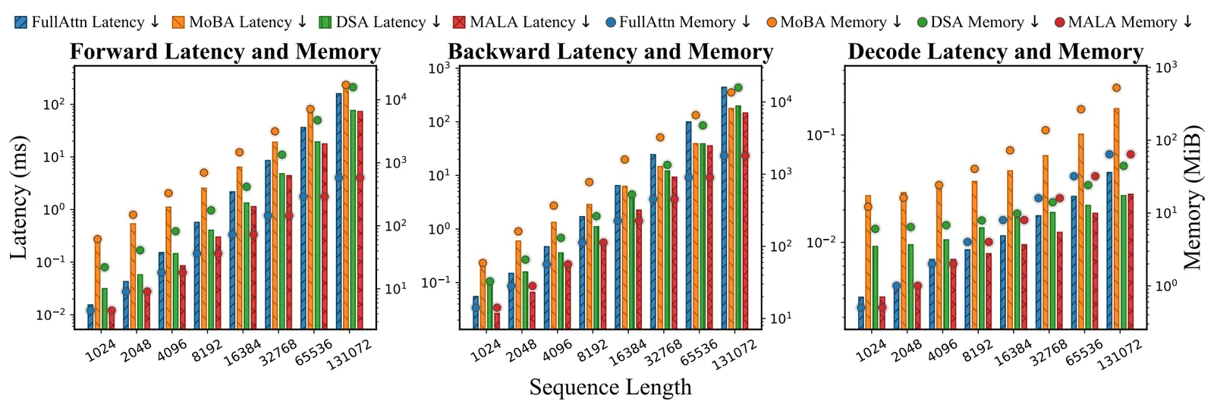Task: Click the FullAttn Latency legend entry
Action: (86, 22)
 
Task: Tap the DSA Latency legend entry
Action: (379, 22)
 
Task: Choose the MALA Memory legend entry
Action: (1124, 22)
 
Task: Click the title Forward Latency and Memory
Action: (225, 52)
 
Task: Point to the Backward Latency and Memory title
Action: (610, 52)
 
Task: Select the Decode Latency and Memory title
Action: (995, 52)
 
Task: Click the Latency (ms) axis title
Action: (19, 198)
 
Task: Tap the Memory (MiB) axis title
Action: (1192, 198)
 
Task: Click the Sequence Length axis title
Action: (610, 387)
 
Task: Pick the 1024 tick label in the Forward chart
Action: (100, 350)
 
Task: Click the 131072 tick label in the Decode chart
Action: (1120, 354)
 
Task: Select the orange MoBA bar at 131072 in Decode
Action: (1116, 218)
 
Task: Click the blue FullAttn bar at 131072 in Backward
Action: (724, 208)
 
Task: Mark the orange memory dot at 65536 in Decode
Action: (1081, 109)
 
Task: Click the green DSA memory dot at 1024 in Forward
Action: (105, 267)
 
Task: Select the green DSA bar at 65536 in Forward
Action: (318, 235)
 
